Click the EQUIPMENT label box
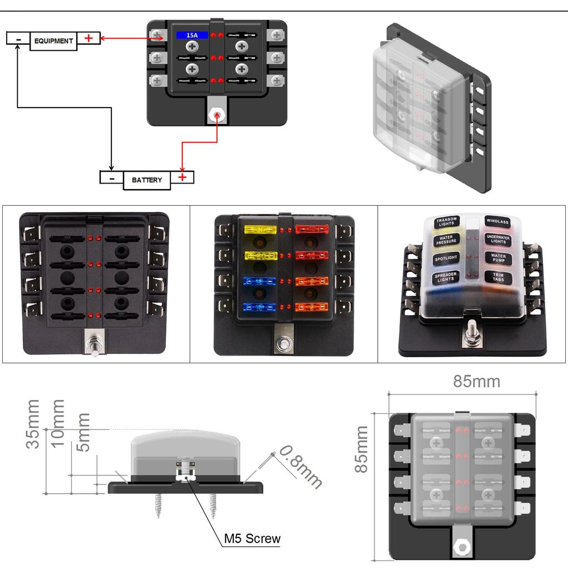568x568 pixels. [53, 41]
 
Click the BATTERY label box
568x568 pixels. [147, 180]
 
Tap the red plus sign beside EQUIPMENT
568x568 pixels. [88, 38]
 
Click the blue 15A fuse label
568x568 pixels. [192, 35]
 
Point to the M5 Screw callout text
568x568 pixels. [252, 538]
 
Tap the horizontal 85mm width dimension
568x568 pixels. [476, 382]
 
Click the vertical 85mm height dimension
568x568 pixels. [361, 449]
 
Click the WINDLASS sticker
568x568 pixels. [497, 222]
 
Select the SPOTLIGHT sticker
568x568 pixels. [446, 258]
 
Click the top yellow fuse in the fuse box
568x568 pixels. [260, 229]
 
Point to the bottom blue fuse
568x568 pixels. [260, 306]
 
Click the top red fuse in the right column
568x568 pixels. [312, 229]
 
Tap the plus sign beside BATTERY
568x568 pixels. [182, 177]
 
